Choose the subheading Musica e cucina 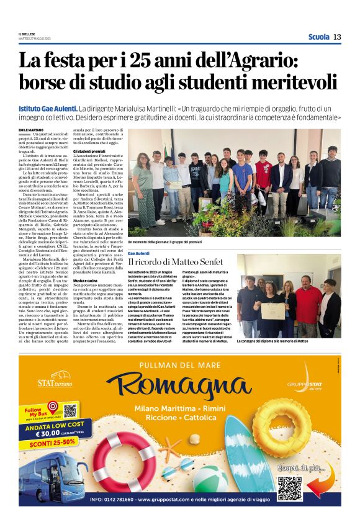(x=87, y=281)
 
